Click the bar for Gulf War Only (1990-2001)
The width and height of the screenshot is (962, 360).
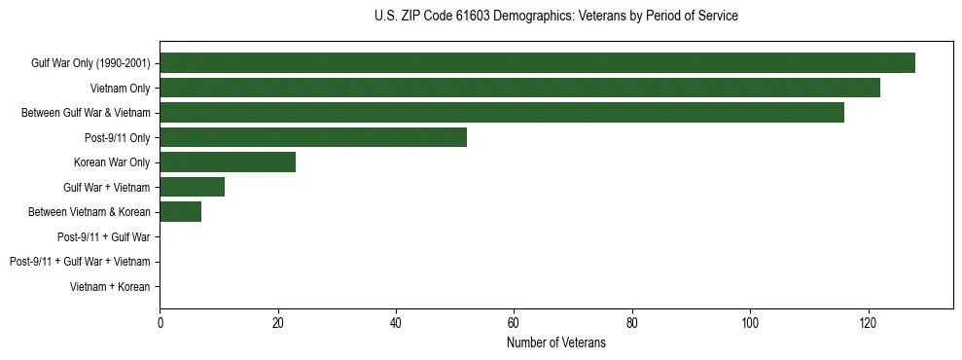(537, 63)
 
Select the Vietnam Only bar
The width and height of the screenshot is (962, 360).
(519, 89)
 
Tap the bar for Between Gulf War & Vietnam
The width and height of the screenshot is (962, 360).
(502, 113)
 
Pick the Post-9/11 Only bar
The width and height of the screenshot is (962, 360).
(313, 137)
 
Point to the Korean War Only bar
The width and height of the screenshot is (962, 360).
(228, 162)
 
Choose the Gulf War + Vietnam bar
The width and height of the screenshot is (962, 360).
(192, 187)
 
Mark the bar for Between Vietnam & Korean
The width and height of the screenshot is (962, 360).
(180, 212)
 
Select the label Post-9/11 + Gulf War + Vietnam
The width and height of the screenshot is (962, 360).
(80, 262)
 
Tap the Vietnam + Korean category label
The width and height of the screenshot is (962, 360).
(110, 287)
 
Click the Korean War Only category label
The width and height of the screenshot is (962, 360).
(112, 162)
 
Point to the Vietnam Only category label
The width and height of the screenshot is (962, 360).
(121, 89)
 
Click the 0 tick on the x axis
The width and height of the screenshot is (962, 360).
(160, 322)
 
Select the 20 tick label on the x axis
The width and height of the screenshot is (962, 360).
(278, 322)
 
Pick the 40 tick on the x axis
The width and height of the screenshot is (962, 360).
(396, 322)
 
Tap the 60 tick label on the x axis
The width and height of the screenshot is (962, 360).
(515, 322)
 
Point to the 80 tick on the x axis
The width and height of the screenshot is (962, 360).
(632, 322)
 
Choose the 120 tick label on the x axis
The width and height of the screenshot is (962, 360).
(869, 322)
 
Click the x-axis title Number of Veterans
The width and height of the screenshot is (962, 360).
(556, 342)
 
